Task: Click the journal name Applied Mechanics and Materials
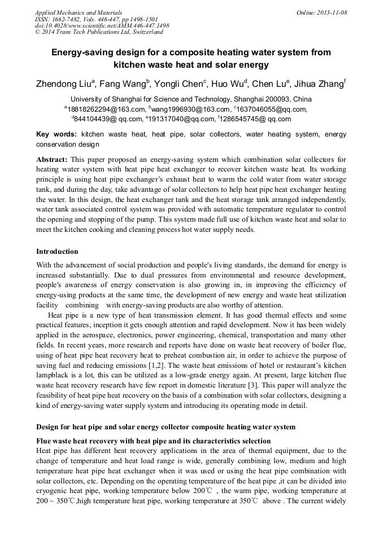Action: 79,12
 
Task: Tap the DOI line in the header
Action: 102,26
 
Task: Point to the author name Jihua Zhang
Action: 320,85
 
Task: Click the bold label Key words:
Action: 56,134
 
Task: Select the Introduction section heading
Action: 57,251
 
